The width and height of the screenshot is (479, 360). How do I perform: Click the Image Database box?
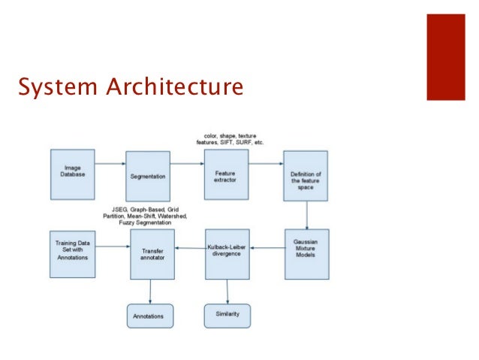[73, 172]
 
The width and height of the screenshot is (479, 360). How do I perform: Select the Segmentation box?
[148, 175]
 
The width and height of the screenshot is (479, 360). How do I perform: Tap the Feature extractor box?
[226, 174]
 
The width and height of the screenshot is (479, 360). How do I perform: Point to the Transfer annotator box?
[152, 253]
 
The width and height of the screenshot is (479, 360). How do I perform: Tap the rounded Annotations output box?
[149, 315]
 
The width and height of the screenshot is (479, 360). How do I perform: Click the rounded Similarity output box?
[227, 315]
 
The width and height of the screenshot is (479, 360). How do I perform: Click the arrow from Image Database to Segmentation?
[110, 163]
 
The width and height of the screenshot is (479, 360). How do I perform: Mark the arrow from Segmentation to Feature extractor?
[188, 163]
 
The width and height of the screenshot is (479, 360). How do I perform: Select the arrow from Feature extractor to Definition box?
[266, 163]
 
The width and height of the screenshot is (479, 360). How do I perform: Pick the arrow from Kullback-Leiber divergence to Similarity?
[227, 289]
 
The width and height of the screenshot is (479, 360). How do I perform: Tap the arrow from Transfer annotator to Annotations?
[150, 290]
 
